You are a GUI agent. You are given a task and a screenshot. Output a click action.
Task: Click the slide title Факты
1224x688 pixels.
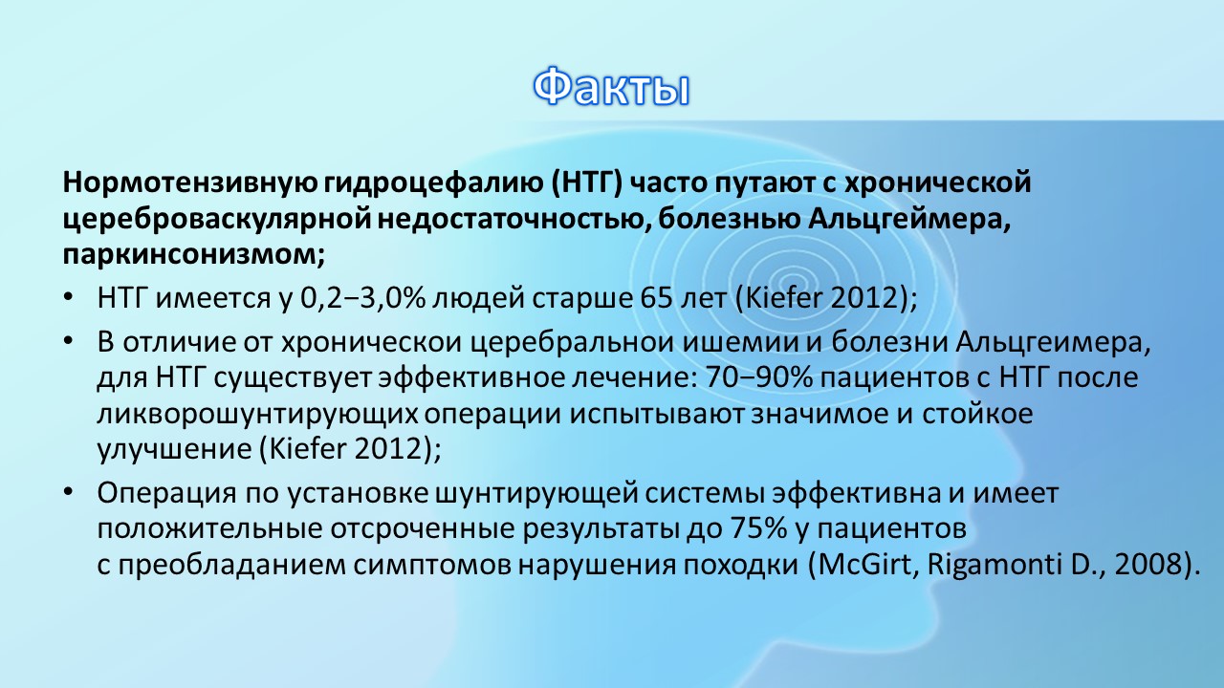tap(611, 87)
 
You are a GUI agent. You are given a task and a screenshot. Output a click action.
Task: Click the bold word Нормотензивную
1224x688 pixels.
tap(190, 183)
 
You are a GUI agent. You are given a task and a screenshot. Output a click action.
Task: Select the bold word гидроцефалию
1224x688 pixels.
tap(433, 183)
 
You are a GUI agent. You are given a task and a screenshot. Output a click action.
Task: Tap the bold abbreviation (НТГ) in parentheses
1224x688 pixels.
tap(587, 183)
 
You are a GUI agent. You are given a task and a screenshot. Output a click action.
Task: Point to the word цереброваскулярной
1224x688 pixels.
tap(219, 220)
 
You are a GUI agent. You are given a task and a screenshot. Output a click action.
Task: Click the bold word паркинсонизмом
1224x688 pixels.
tap(194, 255)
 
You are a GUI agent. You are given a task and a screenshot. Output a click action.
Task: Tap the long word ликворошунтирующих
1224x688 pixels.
tap(257, 415)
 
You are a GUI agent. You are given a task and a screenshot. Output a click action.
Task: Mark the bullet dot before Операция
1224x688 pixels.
tap(68, 492)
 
